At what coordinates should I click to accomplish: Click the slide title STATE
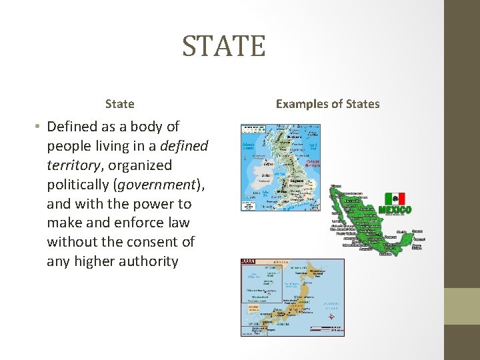[x=224, y=46]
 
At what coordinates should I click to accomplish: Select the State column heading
[x=119, y=104]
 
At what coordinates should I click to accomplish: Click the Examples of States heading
[x=327, y=104]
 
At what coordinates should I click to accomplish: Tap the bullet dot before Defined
[x=40, y=127]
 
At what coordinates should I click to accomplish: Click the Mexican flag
[x=395, y=199]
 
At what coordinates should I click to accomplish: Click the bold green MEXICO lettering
[x=395, y=210]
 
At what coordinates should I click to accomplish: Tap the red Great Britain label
[x=313, y=162]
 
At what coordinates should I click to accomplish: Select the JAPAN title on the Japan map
[x=248, y=263]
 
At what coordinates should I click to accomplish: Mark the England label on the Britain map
[x=297, y=180]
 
